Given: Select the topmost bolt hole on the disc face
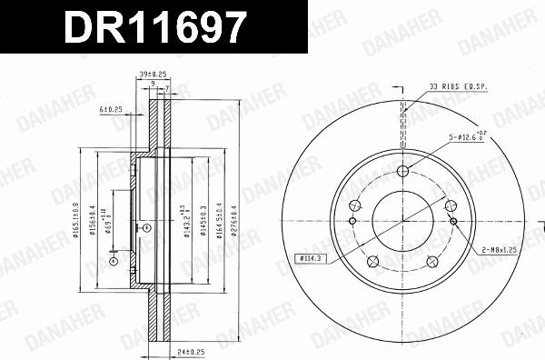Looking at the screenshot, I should tap(402, 171).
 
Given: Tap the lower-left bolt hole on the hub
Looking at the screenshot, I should tap(372, 261).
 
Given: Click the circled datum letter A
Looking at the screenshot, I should tap(114, 261).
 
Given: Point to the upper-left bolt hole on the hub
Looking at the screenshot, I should tap(355, 205).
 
